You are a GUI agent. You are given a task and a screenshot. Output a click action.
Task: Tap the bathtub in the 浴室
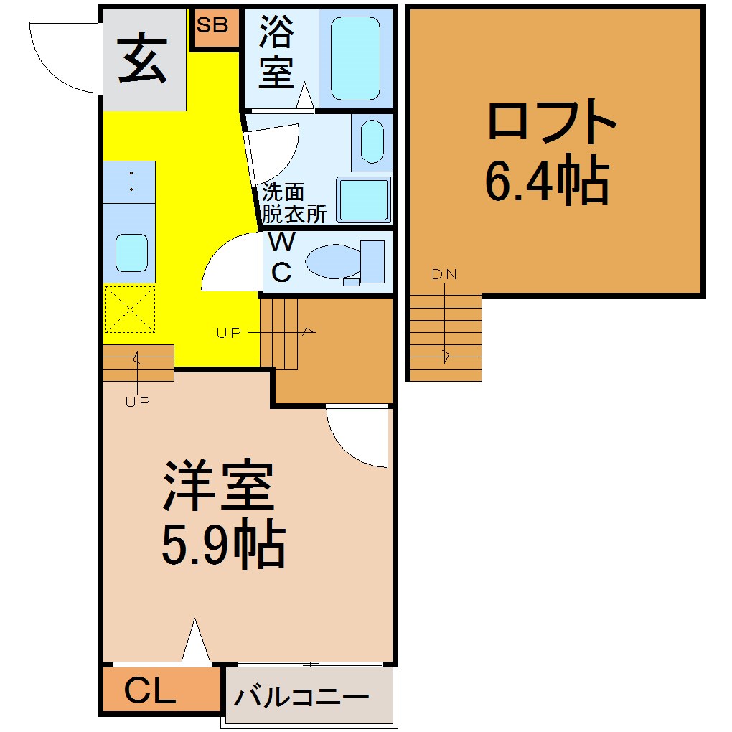click(x=355, y=58)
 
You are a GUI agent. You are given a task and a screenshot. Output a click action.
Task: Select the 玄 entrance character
click(x=143, y=58)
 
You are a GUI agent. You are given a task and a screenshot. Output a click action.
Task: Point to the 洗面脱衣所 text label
click(x=294, y=203)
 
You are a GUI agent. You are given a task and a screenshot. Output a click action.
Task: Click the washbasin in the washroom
click(x=372, y=141)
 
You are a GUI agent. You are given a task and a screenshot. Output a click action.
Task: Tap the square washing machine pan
click(x=364, y=200)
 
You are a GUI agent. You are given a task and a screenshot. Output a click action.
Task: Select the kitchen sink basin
click(x=131, y=253)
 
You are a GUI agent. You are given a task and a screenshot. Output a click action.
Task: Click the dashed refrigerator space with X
click(x=130, y=309)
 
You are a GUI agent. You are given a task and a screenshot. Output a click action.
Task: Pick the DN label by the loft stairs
click(x=444, y=274)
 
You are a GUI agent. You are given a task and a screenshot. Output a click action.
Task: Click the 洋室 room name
click(x=218, y=486)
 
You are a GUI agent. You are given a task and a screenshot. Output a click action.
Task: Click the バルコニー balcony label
click(x=301, y=698)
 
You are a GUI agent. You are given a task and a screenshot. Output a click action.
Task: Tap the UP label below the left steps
click(x=138, y=401)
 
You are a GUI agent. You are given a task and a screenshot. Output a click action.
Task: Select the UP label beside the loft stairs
click(x=229, y=333)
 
